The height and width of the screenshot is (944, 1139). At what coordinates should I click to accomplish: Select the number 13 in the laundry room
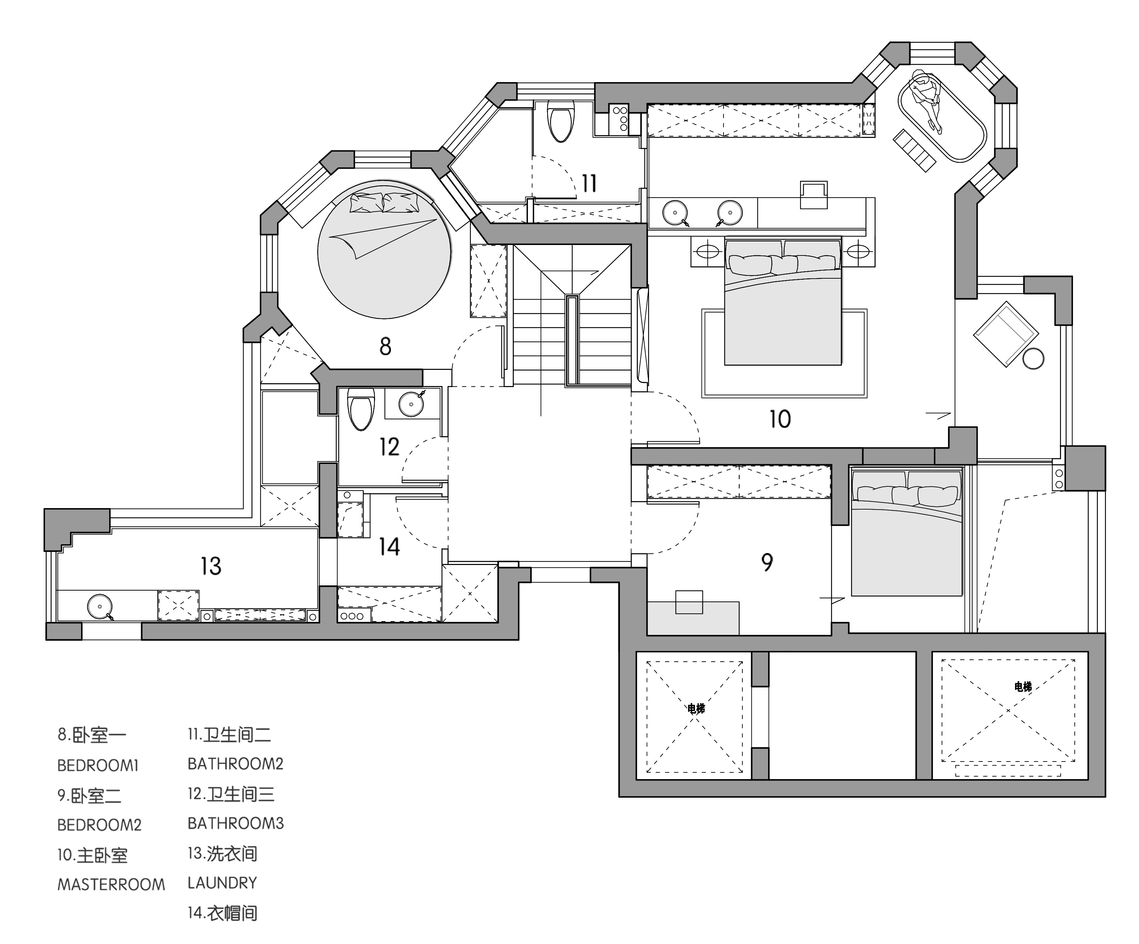click(x=211, y=566)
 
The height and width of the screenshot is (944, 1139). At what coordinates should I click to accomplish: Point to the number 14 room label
click(x=390, y=547)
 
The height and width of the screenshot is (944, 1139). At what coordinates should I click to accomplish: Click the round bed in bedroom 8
click(x=384, y=249)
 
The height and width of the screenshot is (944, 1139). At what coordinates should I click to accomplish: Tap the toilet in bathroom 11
click(x=561, y=122)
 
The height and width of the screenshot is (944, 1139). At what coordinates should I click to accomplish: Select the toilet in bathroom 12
click(x=361, y=409)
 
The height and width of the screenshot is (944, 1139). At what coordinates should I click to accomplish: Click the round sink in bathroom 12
click(x=412, y=403)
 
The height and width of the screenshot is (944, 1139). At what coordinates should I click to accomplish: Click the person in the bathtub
click(x=926, y=100)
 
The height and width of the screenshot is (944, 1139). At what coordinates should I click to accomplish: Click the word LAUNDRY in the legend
click(x=222, y=883)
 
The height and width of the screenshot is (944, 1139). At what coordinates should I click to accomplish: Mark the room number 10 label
click(x=780, y=419)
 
